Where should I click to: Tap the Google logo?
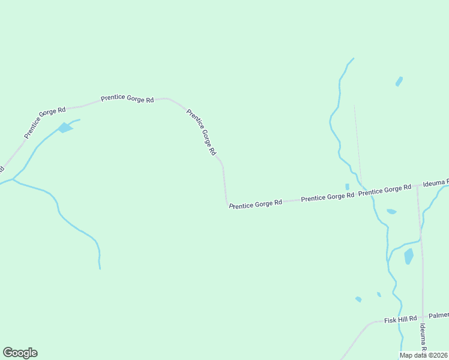coord(20,353)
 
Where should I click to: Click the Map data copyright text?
coord(424,355)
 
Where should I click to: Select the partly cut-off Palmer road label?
coord(439,315)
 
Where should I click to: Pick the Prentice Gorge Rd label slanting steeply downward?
coord(201,132)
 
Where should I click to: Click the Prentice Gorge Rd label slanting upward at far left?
coord(45,122)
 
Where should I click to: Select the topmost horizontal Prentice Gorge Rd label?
coord(127,98)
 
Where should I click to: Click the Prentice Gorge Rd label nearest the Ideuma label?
coord(385,190)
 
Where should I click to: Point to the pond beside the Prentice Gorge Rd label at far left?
coord(64,128)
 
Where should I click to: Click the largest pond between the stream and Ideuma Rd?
coord(409,256)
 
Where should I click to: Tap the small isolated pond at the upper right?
coord(399,81)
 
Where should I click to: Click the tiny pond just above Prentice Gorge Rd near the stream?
coord(347,187)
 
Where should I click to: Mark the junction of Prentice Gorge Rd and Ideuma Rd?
coord(417,187)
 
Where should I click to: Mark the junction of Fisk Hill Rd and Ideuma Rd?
coord(423,316)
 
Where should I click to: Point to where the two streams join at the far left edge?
coord(13,179)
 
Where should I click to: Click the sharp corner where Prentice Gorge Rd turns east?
coord(227,206)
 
